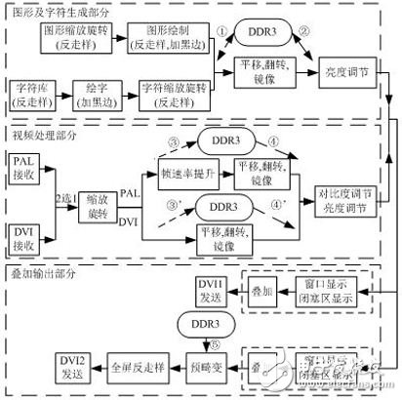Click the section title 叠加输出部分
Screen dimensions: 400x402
pos(46,264)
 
